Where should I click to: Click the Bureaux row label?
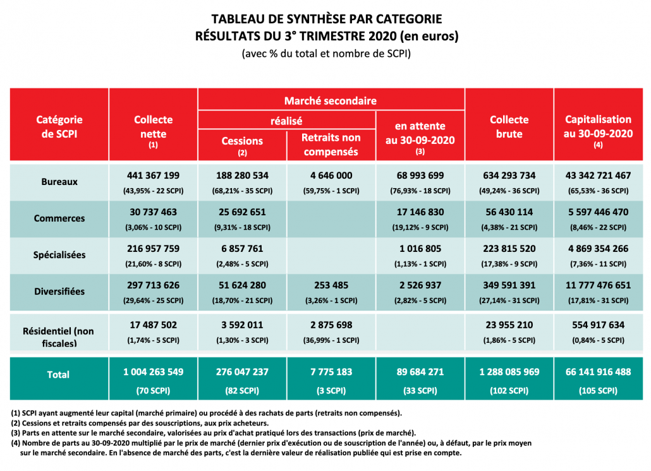pos(59,181)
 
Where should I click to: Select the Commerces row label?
pos(59,218)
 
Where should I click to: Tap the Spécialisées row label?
pos(59,255)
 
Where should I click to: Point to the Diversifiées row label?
pos(59,292)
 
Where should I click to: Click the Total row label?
pos(58,374)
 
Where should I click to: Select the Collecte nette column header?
pos(153,126)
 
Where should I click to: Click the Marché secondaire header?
pos(331,101)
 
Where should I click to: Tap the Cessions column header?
pos(242,141)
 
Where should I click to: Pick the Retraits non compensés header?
pos(331,145)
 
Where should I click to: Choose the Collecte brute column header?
pos(509,126)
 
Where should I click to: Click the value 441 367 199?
pos(154,176)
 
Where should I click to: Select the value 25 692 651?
pos(242,212)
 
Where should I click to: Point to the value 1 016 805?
pos(420,249)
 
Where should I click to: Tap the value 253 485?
pos(331,285)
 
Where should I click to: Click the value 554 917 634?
pos(598,325)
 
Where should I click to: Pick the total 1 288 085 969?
pos(509,372)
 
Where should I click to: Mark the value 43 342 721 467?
pos(598,176)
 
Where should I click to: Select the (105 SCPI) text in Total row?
pos(598,391)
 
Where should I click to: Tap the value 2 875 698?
pos(331,325)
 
